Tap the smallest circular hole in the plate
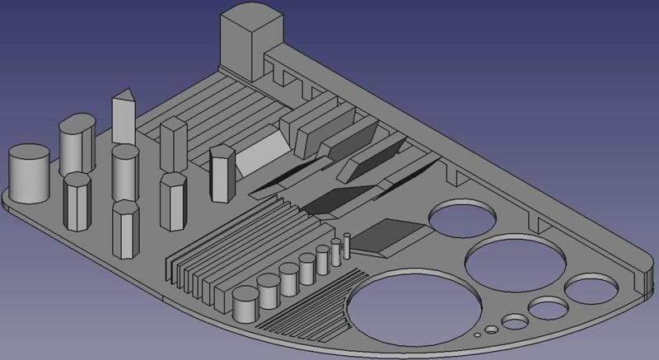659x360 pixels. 478,337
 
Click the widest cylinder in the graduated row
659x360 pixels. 245,305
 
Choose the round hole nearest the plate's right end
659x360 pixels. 591,290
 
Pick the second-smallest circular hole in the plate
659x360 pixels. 491,330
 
